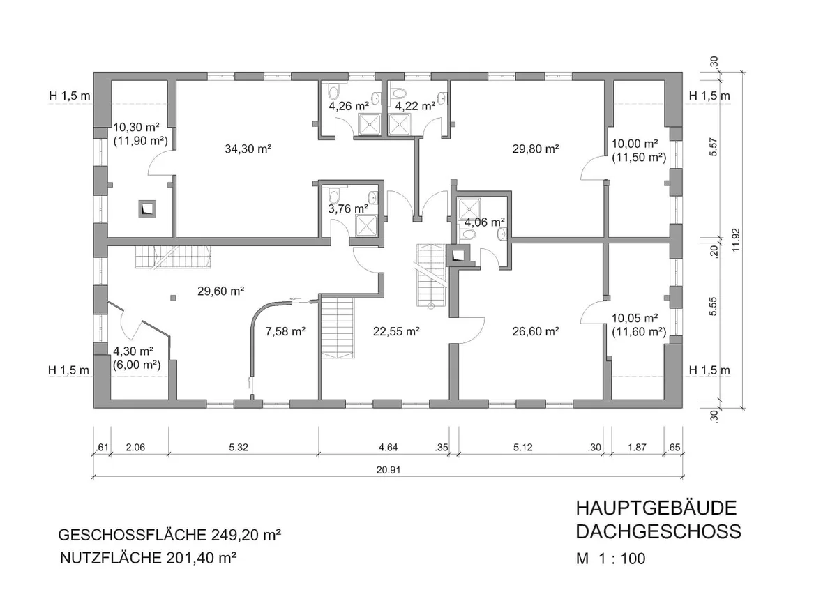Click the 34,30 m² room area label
coord(248,149)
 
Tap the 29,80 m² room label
coord(536,149)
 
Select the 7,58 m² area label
coord(285,331)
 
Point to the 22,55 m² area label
coord(396,331)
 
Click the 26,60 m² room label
coord(536,331)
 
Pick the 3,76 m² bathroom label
coord(348,208)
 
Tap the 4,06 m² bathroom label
coord(485,222)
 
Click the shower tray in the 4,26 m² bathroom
coord(370,124)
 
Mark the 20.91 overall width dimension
coord(389,470)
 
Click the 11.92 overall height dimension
coord(736,240)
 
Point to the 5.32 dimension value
coord(239,447)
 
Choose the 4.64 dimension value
coord(388,447)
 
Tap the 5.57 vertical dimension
coord(714,147)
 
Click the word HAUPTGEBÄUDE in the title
coord(656,508)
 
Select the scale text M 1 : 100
coord(610,559)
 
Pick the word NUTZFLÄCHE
coord(111,558)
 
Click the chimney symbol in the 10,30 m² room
coord(147,208)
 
